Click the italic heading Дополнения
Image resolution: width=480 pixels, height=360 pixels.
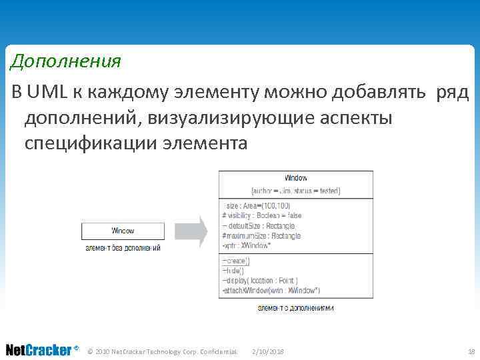(65, 62)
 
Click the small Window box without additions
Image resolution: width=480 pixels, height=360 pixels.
(122, 231)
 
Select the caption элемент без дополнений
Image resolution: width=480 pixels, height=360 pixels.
(123, 248)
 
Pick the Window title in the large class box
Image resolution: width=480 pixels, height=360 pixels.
(295, 178)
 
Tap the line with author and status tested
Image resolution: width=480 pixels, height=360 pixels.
(295, 191)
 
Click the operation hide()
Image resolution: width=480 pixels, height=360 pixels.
(235, 271)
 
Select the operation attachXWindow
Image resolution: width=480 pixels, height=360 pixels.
(271, 290)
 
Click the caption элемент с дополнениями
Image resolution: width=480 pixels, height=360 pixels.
(295, 308)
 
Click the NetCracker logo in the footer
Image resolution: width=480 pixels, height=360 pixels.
(39, 350)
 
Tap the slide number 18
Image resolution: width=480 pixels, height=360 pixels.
(471, 351)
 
